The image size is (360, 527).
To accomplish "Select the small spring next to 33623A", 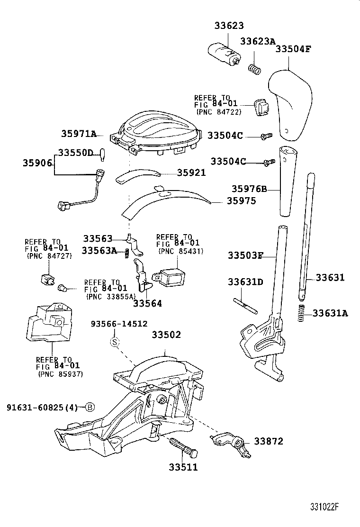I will tap(255, 69).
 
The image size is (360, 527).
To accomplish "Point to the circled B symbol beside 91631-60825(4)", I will tap(90, 407).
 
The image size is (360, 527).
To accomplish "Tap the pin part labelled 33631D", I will tap(245, 305).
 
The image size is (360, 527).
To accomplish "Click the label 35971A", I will tap(79, 134).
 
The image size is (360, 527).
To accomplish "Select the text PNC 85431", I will tap(180, 251).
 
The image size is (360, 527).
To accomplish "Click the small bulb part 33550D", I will tap(101, 154).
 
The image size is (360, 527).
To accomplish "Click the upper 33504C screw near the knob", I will tap(266, 136).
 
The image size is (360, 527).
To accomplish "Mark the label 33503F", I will tap(245, 256).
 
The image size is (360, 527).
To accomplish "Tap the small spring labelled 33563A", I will tap(127, 254).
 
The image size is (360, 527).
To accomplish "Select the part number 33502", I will tap(166, 335).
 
